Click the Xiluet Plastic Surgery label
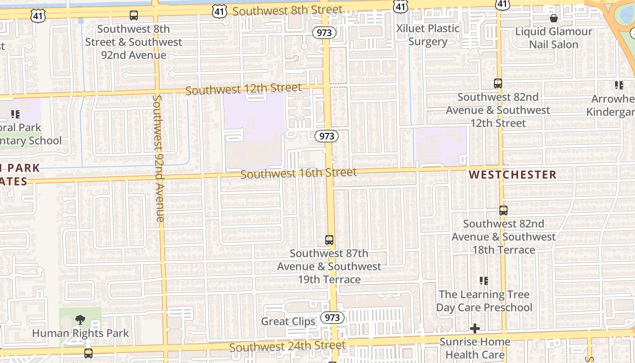428,35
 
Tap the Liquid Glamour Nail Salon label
554,38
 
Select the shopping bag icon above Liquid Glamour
554,18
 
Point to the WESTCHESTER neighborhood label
513,175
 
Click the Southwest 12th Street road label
244,89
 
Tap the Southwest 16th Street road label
298,173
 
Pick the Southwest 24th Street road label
288,346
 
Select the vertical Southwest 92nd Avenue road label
158,158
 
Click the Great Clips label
288,322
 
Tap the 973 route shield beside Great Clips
332,318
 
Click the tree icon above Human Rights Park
80,319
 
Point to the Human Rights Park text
80,333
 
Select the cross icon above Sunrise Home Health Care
475,328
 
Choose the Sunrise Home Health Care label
475,348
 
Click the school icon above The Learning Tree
484,281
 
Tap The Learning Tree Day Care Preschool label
484,301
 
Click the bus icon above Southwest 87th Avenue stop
329,240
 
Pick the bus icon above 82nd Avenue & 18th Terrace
503,211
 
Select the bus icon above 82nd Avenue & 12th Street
498,83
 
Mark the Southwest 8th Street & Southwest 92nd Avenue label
133,42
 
